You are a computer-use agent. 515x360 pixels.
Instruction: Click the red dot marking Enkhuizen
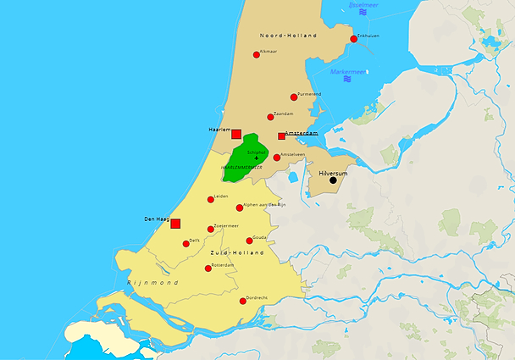point(353,39)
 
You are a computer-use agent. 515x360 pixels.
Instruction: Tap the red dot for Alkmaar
point(257,55)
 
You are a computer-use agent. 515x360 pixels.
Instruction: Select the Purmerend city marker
point(294,97)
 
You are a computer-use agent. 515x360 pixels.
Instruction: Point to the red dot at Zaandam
point(270,117)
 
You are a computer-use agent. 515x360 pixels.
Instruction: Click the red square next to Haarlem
point(236,134)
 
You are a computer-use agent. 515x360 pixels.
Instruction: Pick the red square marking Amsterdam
point(281,136)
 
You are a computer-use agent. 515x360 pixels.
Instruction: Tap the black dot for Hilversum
point(333,180)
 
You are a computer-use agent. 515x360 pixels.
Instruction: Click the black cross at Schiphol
point(257,158)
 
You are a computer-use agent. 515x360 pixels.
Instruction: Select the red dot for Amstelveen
point(276,158)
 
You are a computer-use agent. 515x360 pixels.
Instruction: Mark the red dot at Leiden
point(211,200)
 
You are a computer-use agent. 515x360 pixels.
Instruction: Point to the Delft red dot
point(186,243)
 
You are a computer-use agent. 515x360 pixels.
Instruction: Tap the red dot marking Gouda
point(249,241)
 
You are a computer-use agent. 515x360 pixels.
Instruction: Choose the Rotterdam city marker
point(208,269)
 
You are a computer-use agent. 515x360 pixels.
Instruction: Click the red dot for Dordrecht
point(243,301)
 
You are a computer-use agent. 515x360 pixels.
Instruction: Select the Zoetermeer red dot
point(211,229)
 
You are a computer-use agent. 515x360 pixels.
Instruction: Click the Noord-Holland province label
point(289,36)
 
